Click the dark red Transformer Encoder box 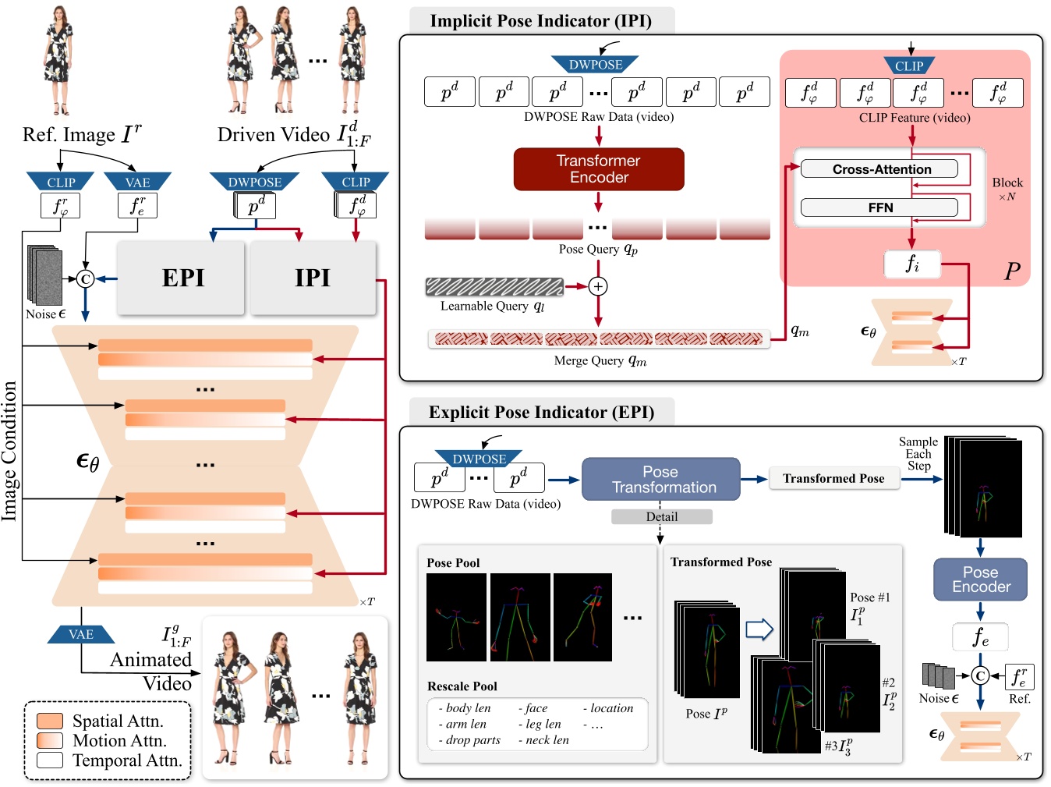coord(598,169)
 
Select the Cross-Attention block coord(879,169)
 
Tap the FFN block coord(879,207)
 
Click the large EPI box coord(182,278)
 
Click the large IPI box coord(312,278)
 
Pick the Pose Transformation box coord(661,480)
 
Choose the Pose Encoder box coord(980,580)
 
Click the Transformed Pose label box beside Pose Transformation coord(833,479)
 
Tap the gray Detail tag coord(661,516)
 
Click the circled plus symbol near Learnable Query coord(598,286)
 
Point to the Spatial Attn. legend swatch coord(50,721)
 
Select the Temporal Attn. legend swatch coord(50,760)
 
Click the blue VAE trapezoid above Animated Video coord(81,634)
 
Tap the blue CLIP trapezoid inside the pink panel coord(909,66)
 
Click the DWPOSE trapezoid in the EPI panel coord(479,459)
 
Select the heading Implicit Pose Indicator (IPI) coord(540,21)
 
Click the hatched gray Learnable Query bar coord(494,286)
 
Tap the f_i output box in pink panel coord(911,264)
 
